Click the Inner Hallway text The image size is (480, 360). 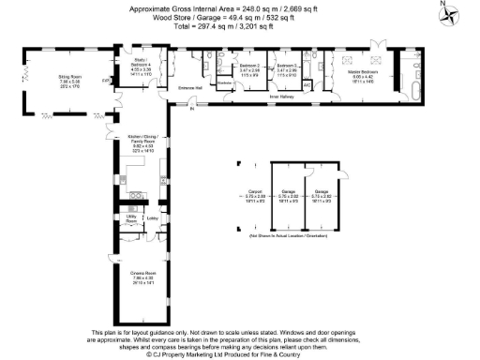283,96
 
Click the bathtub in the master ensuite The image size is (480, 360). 413,92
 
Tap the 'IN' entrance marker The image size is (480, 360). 191,111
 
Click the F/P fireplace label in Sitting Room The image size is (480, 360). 105,81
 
